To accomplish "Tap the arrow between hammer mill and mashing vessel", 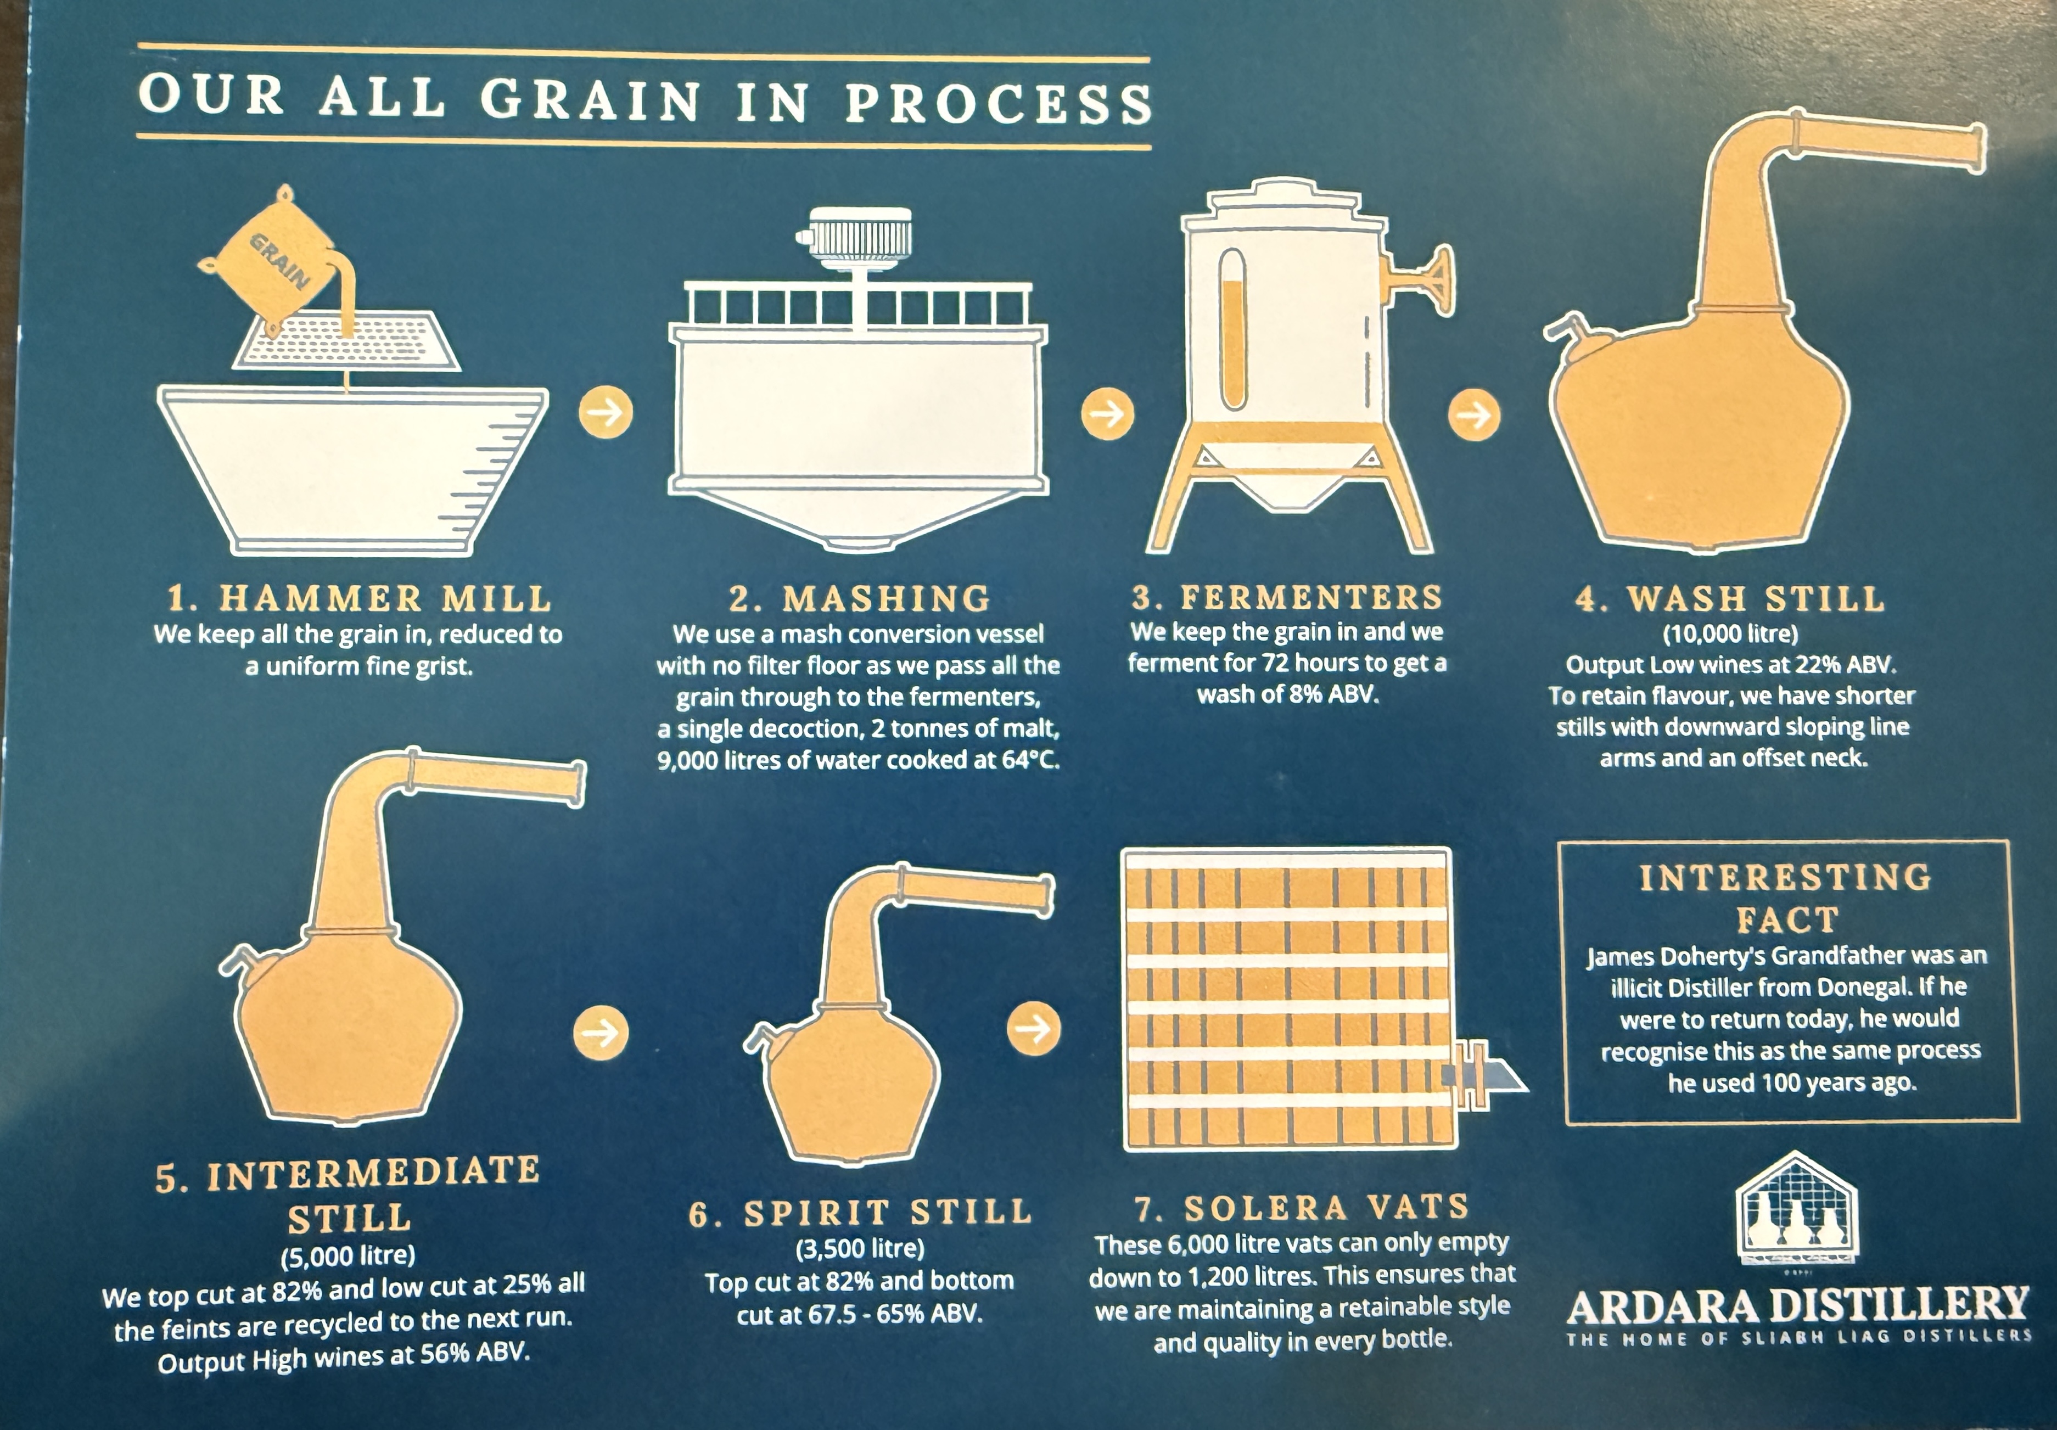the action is point(607,412).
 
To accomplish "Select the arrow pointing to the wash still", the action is point(1475,415).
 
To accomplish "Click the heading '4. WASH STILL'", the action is point(1730,598).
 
